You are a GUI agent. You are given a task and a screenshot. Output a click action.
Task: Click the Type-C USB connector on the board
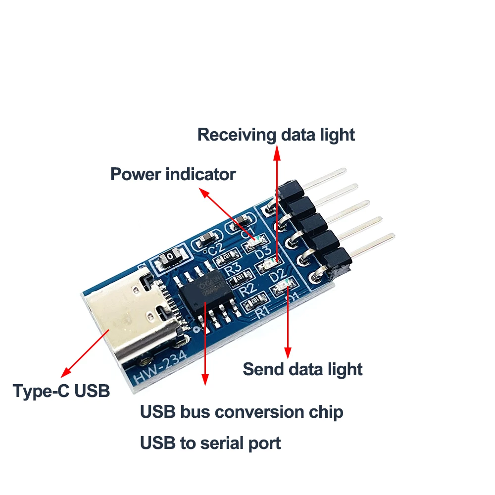tap(131, 317)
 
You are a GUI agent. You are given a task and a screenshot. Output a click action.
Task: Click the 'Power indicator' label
tap(173, 174)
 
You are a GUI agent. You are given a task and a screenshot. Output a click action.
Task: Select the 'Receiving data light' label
tap(276, 135)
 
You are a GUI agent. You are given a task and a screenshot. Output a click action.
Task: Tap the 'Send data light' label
tap(302, 369)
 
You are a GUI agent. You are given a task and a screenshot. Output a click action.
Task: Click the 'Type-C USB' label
tap(61, 391)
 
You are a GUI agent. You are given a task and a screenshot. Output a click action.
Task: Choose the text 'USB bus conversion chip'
tap(242, 412)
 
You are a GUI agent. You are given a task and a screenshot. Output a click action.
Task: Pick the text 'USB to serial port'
tap(210, 443)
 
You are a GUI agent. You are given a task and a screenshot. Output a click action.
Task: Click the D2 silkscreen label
tap(278, 273)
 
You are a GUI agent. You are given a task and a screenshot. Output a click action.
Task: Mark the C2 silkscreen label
tap(217, 247)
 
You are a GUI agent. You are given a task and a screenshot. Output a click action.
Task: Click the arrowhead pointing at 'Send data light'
tap(287, 352)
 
